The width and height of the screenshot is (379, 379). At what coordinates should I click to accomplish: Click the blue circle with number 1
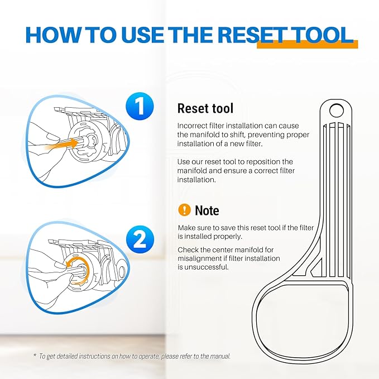[x=140, y=106]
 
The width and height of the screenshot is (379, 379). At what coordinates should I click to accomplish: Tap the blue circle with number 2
[x=140, y=239]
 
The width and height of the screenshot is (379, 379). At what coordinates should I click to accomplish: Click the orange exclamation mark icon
[x=184, y=209]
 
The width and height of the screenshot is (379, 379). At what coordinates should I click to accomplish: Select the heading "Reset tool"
[x=205, y=108]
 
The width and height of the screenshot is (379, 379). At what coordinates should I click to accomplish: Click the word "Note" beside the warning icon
[x=207, y=210]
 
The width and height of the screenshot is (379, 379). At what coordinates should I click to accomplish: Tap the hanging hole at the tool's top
[x=336, y=111]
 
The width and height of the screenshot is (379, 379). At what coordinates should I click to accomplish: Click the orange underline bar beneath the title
[x=307, y=45]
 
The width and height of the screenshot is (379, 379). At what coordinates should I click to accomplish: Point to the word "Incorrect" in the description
[x=192, y=126]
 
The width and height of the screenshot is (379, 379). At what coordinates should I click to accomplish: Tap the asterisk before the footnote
[x=35, y=356]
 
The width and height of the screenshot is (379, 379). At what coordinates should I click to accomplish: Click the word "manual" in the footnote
[x=220, y=356]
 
